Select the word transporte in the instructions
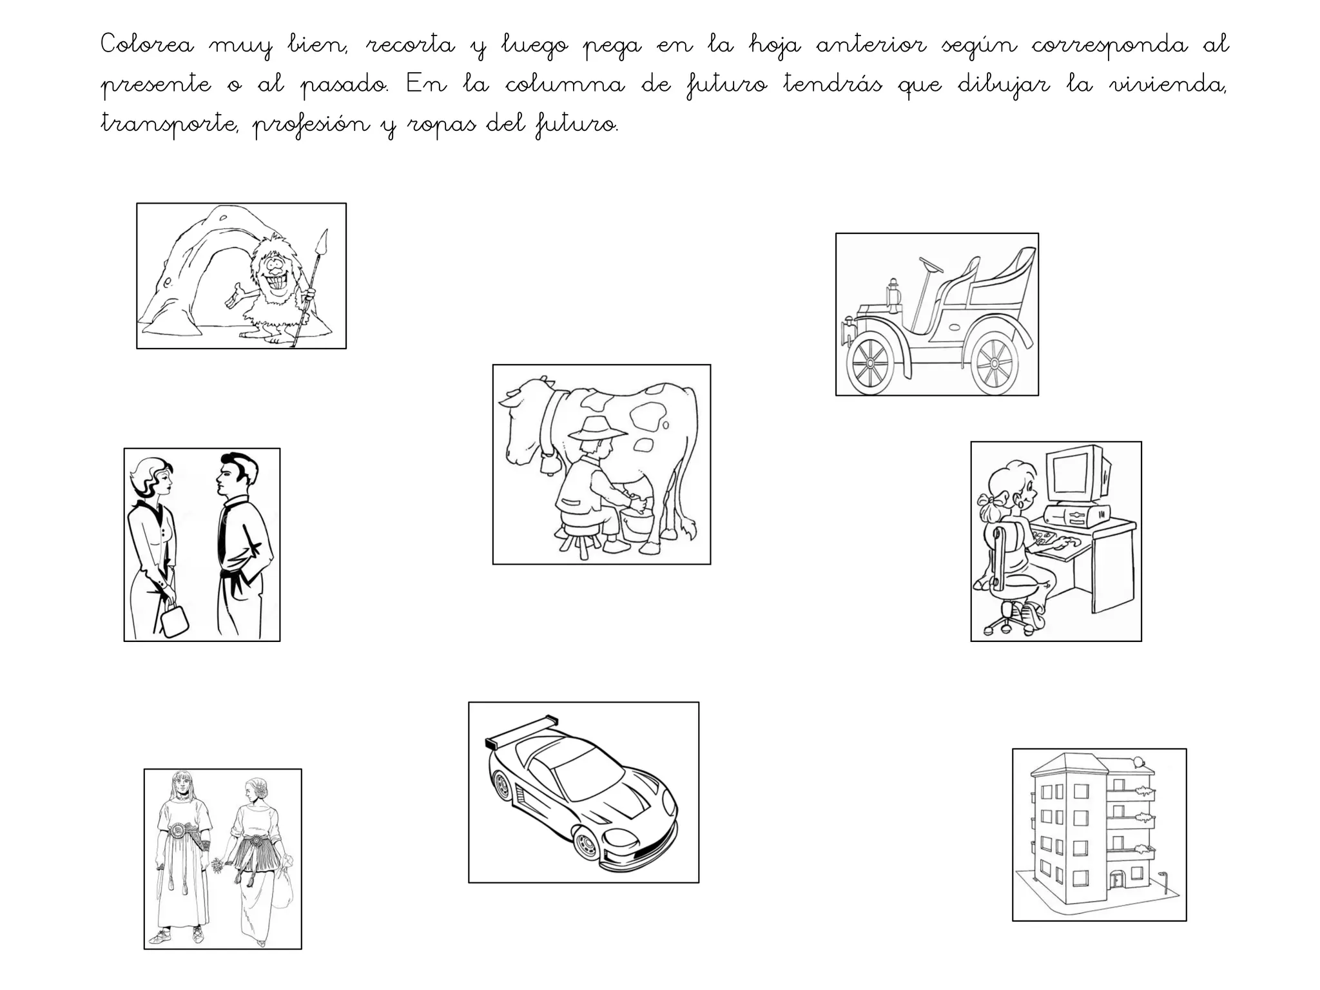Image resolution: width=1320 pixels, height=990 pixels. point(170,124)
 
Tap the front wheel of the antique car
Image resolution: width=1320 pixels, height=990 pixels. point(871,364)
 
